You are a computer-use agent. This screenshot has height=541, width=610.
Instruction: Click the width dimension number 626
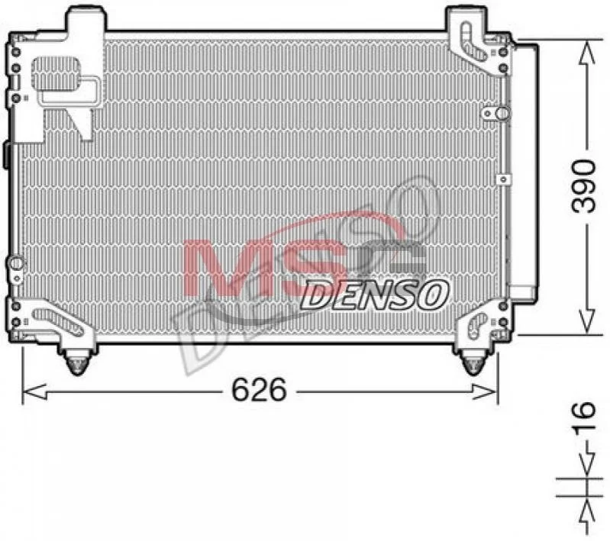(259, 390)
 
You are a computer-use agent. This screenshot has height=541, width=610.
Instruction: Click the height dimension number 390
(583, 186)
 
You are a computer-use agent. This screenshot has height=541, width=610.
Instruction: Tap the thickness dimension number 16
(583, 416)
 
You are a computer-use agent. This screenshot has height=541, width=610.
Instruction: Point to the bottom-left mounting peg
(77, 362)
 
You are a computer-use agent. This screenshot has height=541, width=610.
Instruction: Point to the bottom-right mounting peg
(473, 362)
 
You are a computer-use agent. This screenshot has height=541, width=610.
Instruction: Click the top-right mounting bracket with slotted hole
(476, 43)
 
